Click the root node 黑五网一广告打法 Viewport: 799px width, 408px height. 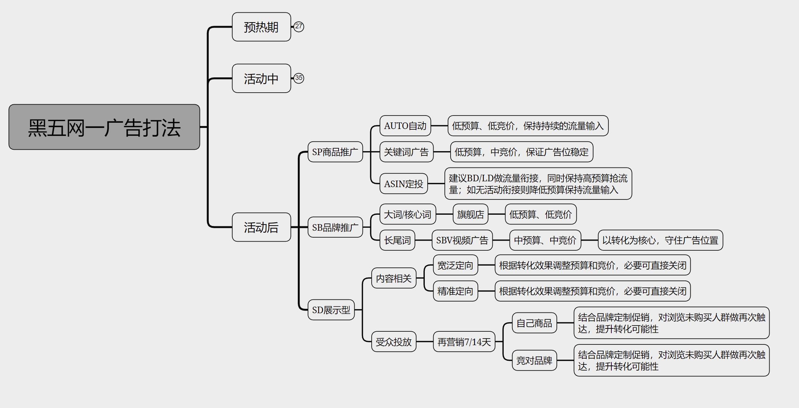104,127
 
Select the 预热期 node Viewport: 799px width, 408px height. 261,27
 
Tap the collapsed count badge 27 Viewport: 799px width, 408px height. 299,27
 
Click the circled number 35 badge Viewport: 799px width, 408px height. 299,78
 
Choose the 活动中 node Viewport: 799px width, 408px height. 261,78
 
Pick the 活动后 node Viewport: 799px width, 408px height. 261,227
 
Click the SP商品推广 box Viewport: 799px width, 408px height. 335,152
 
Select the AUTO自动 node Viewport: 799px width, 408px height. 405,126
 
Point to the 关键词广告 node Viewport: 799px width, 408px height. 406,152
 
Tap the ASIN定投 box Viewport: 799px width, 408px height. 403,184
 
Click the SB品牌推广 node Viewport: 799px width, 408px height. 335,227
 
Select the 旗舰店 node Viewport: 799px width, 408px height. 470,214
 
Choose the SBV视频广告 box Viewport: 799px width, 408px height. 462,240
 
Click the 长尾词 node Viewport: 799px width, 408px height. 397,240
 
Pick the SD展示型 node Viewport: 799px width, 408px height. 331,310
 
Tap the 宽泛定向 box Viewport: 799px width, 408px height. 455,265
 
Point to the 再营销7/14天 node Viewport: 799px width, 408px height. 464,342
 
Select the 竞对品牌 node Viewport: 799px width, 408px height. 534,360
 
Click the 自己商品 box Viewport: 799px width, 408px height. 534,323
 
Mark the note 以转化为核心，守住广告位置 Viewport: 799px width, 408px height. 660,240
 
